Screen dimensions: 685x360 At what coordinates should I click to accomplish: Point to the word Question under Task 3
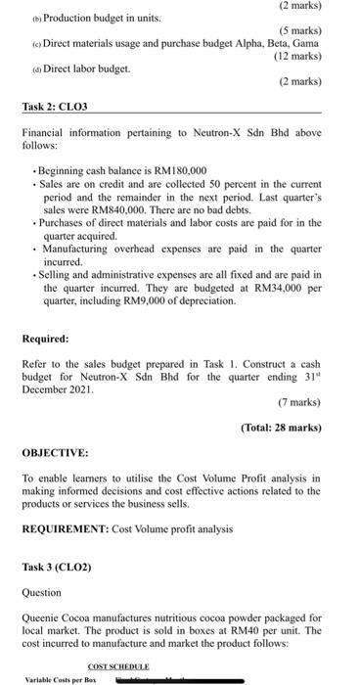click(42, 592)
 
